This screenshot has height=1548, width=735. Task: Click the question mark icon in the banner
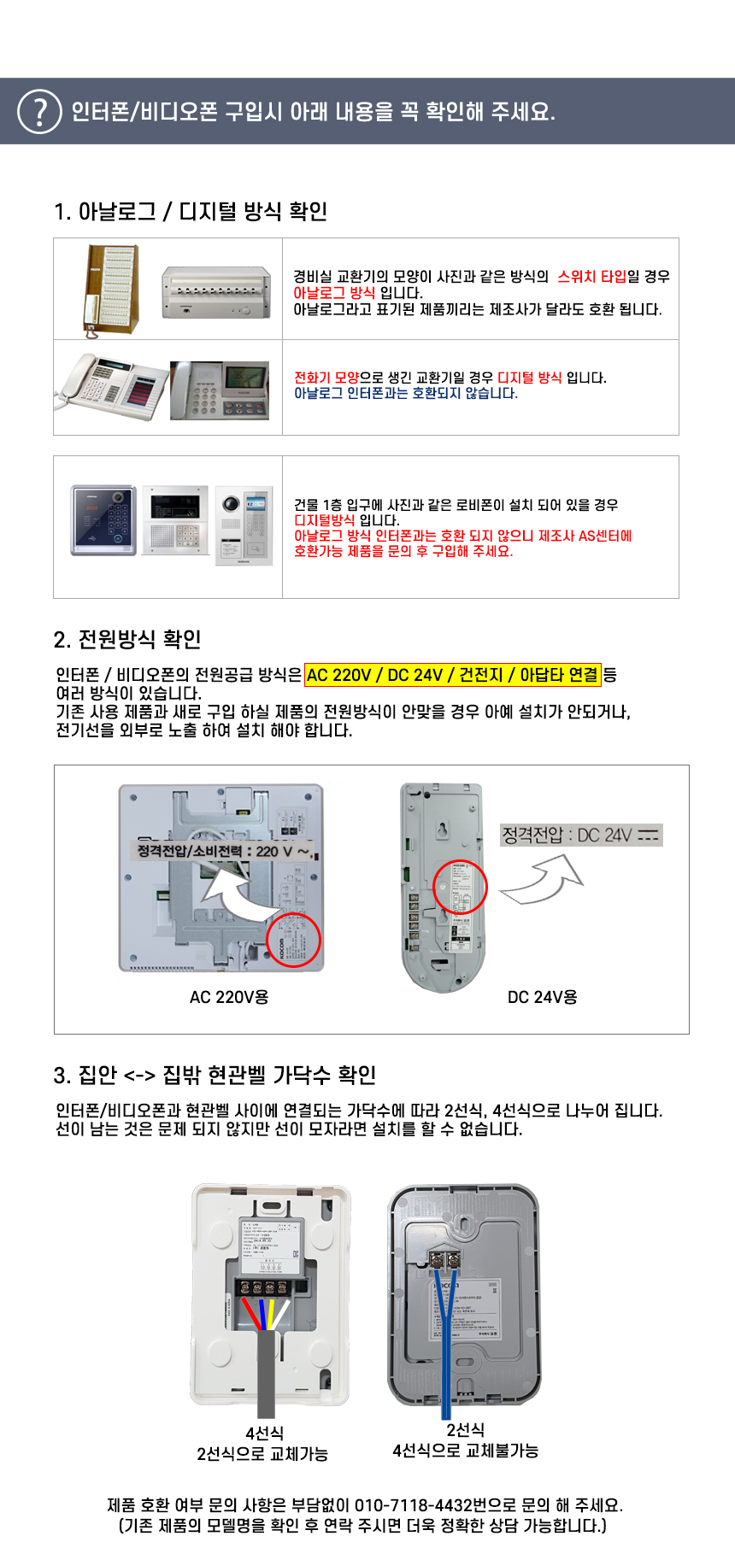click(x=39, y=112)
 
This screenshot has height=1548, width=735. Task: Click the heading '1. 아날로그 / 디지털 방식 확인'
click(x=191, y=211)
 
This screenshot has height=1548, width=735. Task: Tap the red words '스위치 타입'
click(x=591, y=277)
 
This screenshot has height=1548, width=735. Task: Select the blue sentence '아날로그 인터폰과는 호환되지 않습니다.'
click(x=405, y=393)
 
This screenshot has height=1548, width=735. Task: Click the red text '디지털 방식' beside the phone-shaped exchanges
click(x=529, y=378)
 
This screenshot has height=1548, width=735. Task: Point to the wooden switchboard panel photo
click(x=110, y=288)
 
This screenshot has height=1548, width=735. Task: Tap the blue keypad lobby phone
click(x=103, y=520)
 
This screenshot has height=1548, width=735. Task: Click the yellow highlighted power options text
click(x=452, y=675)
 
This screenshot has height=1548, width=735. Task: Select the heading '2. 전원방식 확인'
click(x=127, y=639)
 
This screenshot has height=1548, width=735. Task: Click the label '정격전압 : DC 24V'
click(x=581, y=835)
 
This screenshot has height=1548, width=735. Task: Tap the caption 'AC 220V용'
click(x=229, y=997)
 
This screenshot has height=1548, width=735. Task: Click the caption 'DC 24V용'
click(x=542, y=997)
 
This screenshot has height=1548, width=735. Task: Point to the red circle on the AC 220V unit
click(x=293, y=939)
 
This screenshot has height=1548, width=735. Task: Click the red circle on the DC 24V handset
click(x=459, y=887)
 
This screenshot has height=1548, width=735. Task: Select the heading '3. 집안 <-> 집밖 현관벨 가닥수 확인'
click(x=215, y=1075)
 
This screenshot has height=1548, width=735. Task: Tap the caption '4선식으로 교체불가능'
click(x=465, y=1451)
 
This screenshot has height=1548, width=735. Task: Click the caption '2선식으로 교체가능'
click(x=262, y=1454)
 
